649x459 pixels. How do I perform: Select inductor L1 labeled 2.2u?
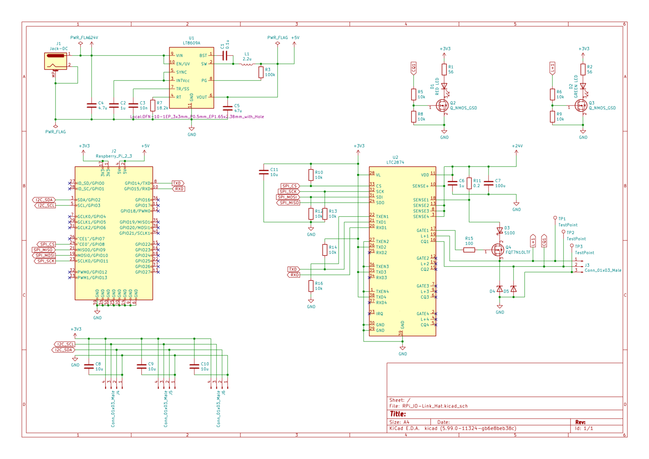point(247,64)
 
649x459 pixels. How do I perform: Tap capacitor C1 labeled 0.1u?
point(225,55)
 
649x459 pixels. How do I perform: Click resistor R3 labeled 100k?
point(261,72)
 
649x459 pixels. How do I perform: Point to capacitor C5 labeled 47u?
point(227,108)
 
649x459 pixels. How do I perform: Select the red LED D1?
point(444,86)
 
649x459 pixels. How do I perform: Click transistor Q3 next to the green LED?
point(581,105)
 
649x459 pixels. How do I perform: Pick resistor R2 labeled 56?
point(583,69)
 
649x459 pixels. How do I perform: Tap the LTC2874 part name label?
point(395,162)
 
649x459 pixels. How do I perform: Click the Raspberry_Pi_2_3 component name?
point(114,156)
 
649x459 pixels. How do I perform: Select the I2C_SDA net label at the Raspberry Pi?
point(44,200)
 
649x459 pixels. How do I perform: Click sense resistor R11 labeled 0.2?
point(469,183)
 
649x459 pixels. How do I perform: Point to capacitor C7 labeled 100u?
point(488,183)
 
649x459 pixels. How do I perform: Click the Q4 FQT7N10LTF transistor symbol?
point(498,250)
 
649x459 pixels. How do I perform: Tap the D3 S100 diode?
point(500,231)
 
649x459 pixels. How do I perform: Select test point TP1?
point(555,219)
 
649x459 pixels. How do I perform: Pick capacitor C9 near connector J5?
point(142,366)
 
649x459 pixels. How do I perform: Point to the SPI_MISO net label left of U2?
point(289,203)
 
